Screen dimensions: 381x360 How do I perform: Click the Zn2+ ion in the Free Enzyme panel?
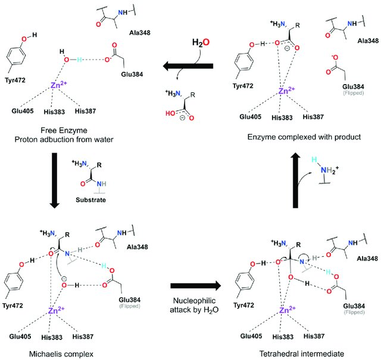point(58,85)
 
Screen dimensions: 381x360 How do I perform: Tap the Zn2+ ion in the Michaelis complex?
point(56,310)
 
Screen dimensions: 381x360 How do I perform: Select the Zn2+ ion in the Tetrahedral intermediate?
point(287,310)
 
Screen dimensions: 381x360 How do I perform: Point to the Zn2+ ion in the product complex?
point(286,91)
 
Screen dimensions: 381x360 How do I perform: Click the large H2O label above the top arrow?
point(201,42)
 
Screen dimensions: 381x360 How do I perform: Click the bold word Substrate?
point(90,200)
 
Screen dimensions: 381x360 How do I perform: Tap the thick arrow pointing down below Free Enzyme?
point(54,181)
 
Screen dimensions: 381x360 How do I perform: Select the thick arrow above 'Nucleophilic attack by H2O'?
point(196,285)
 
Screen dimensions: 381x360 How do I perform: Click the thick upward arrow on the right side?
point(295,180)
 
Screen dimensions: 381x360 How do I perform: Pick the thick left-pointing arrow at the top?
point(188,66)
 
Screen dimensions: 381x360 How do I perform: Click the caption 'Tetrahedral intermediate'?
point(302,353)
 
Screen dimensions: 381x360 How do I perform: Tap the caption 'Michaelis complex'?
point(61,354)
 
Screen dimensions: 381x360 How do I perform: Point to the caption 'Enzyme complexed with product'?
point(304,137)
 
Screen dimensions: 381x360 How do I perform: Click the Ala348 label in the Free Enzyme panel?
point(140,33)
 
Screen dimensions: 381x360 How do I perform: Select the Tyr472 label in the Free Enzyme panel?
point(15,80)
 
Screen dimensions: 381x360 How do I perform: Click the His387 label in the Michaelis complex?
point(83,337)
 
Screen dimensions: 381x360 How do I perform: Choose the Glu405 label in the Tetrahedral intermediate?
point(251,336)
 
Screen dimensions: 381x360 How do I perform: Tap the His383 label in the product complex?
point(282,118)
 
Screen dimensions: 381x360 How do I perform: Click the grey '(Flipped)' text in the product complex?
point(354,93)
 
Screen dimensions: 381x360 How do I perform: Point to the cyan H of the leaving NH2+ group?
point(314,160)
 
